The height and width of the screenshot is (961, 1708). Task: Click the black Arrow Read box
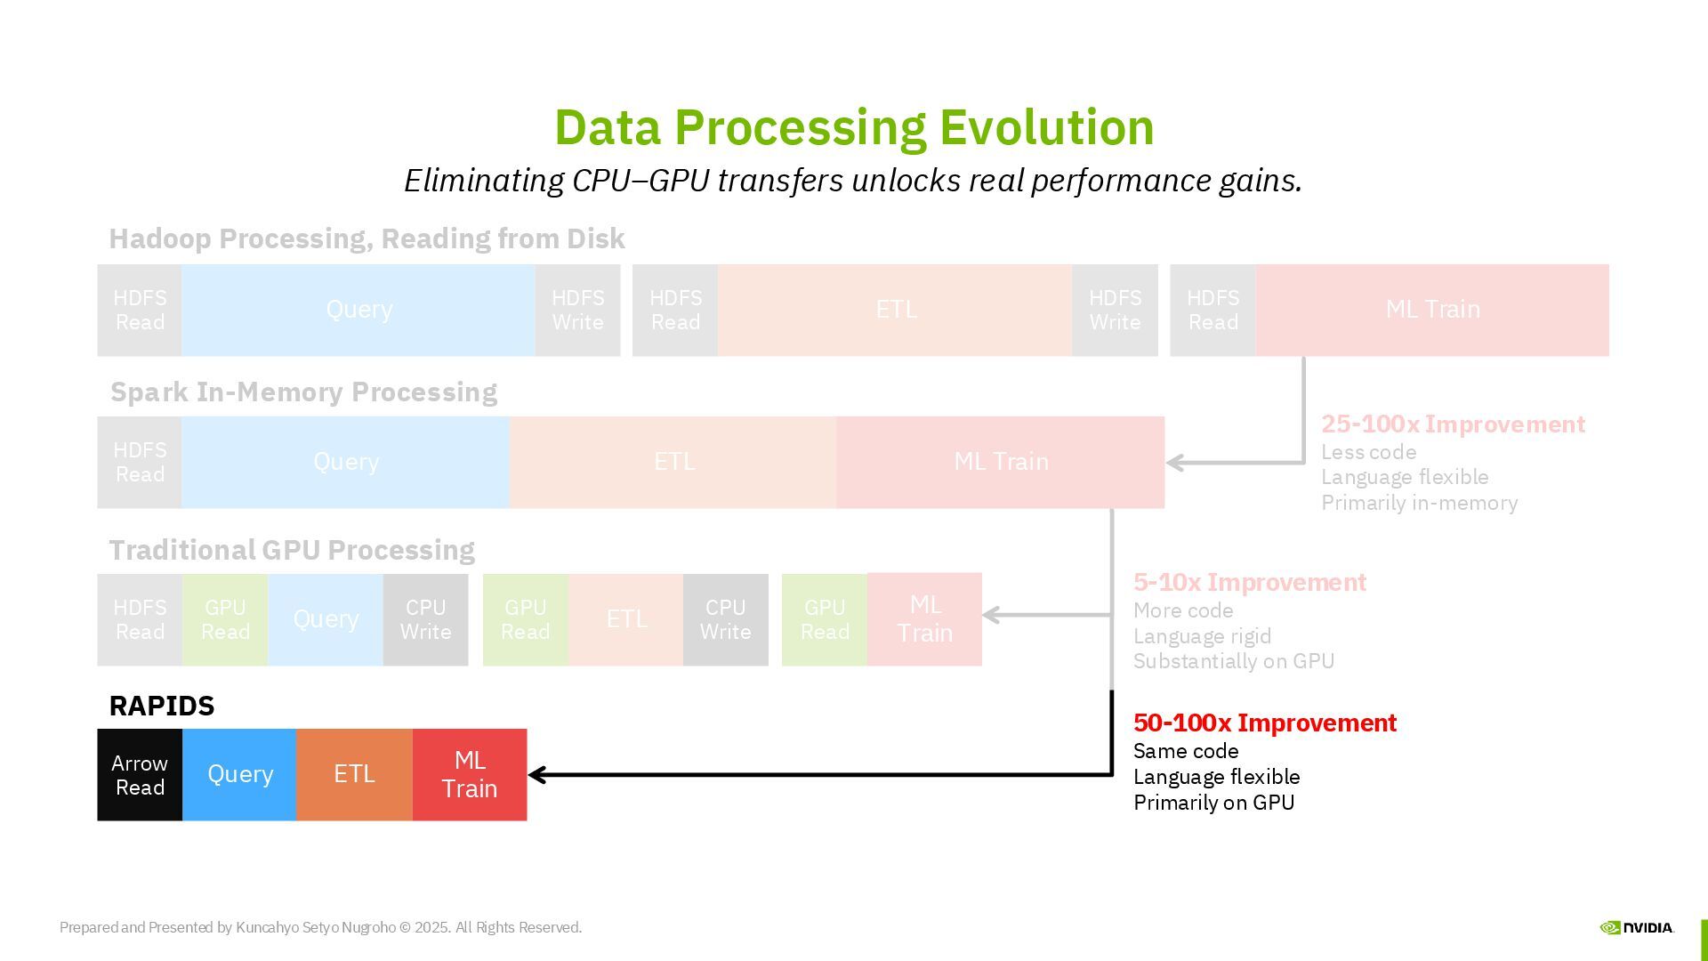140,775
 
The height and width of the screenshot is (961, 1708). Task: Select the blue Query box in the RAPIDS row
239,775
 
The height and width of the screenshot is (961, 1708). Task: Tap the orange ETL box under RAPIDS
354,775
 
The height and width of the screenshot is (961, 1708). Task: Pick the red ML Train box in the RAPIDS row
470,775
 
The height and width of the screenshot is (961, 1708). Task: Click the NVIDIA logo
1636,927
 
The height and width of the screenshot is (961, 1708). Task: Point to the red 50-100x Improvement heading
1264,723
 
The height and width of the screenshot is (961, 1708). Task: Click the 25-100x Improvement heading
1453,424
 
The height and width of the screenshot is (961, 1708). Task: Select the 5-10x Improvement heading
1249,583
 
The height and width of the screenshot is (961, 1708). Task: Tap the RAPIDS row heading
162,707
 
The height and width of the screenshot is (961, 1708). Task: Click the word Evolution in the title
1046,127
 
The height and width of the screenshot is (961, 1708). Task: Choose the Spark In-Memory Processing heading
303,392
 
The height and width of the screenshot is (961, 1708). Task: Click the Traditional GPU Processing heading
292,551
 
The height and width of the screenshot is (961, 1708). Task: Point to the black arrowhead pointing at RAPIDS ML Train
537,775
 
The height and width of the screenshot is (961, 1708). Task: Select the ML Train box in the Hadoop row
1432,310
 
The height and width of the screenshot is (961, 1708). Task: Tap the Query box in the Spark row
346,462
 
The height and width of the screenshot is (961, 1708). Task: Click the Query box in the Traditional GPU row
326,619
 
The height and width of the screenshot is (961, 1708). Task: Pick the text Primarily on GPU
1213,803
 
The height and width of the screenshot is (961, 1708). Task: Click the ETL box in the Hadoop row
895,310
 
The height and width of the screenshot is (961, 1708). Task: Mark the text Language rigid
1202,636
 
